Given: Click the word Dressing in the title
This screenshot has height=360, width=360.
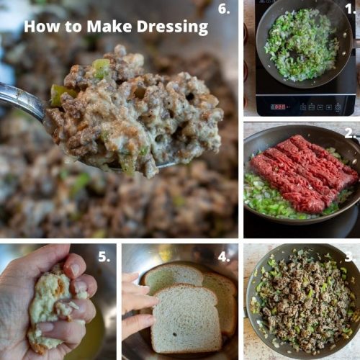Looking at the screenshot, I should [x=171, y=27].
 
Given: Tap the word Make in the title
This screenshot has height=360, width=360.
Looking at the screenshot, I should [x=104, y=27].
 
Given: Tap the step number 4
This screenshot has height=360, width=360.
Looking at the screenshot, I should [x=225, y=257].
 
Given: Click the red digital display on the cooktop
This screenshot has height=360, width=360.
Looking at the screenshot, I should [x=278, y=107].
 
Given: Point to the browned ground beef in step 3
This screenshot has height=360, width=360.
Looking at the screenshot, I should [x=302, y=302].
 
